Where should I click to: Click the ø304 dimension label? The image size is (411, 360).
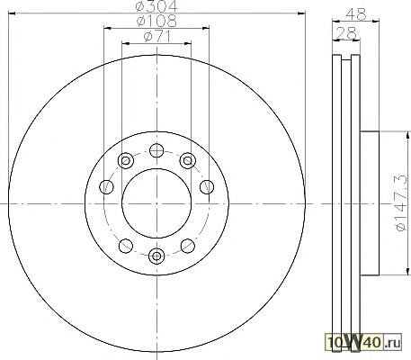coord(156,5)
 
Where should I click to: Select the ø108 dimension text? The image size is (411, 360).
coord(156,21)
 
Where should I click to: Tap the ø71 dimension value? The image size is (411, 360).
coord(157,37)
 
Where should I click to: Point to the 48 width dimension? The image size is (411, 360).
coord(356,14)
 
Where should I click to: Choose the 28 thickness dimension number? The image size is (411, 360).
coord(346,33)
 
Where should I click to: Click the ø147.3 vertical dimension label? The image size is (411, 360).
coord(402,202)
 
